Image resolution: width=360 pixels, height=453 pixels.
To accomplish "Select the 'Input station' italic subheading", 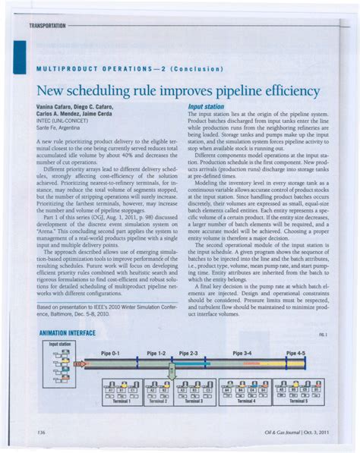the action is coord(206,107).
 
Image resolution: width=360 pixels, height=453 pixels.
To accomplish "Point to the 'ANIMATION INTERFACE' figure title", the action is coord(67,333).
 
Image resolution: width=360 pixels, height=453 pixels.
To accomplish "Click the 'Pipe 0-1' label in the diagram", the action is coord(111,354).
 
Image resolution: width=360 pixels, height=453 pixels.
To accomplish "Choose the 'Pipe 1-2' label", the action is coord(156,354).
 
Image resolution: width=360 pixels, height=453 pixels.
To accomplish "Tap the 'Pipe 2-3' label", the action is coord(188,354).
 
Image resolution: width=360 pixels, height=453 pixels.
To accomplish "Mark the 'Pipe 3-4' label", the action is coord(243,354).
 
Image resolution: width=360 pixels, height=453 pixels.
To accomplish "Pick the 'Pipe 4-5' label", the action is coord(295,354).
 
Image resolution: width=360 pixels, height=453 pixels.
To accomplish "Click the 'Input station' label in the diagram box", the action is coord(61,344).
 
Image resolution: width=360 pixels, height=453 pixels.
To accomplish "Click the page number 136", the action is coord(41,433).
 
